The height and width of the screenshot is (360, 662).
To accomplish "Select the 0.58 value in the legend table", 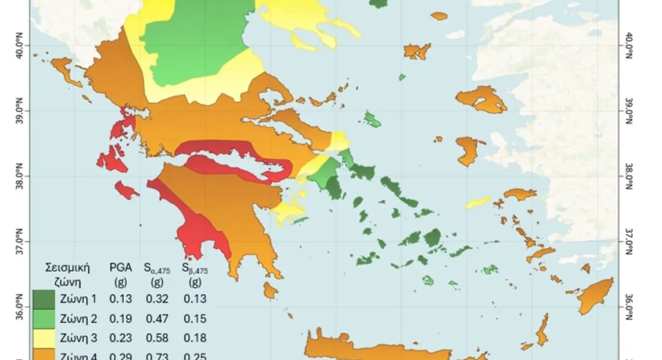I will click(156, 338).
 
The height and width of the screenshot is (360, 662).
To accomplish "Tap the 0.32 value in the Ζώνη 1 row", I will click(156, 299).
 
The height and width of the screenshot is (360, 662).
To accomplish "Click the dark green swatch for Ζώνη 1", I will click(44, 299).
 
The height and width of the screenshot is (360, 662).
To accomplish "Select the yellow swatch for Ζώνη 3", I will click(44, 338).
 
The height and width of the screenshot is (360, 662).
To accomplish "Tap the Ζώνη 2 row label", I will click(79, 319).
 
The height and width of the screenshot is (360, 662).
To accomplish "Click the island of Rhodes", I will click(595, 296).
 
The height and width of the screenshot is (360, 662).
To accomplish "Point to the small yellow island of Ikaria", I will click(478, 202).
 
